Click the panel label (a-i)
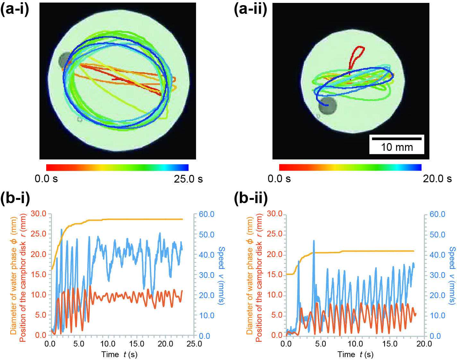pyautogui.click(x=15, y=9)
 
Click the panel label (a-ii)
pyautogui.click(x=251, y=9)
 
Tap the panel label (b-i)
pyautogui.click(x=15, y=198)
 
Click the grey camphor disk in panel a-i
pyautogui.click(x=65, y=60)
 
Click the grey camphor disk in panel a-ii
pyautogui.click(x=328, y=106)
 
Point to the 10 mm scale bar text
pyautogui.click(x=397, y=147)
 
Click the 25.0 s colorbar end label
pyautogui.click(x=188, y=179)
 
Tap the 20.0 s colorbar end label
pyautogui.click(x=437, y=179)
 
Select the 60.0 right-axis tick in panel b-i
pyautogui.click(x=206, y=214)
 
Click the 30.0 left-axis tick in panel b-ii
pyautogui.click(x=275, y=214)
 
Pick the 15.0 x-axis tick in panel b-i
pyautogui.click(x=136, y=344)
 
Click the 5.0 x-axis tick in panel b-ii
pyautogui.click(x=320, y=344)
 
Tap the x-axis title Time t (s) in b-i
pyautogui.click(x=119, y=355)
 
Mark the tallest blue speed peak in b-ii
pyautogui.click(x=314, y=241)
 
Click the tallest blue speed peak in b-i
pyautogui.click(x=61, y=230)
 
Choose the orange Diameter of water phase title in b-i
pyautogui.click(x=13, y=275)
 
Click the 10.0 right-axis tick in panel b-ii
pyautogui.click(x=437, y=316)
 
